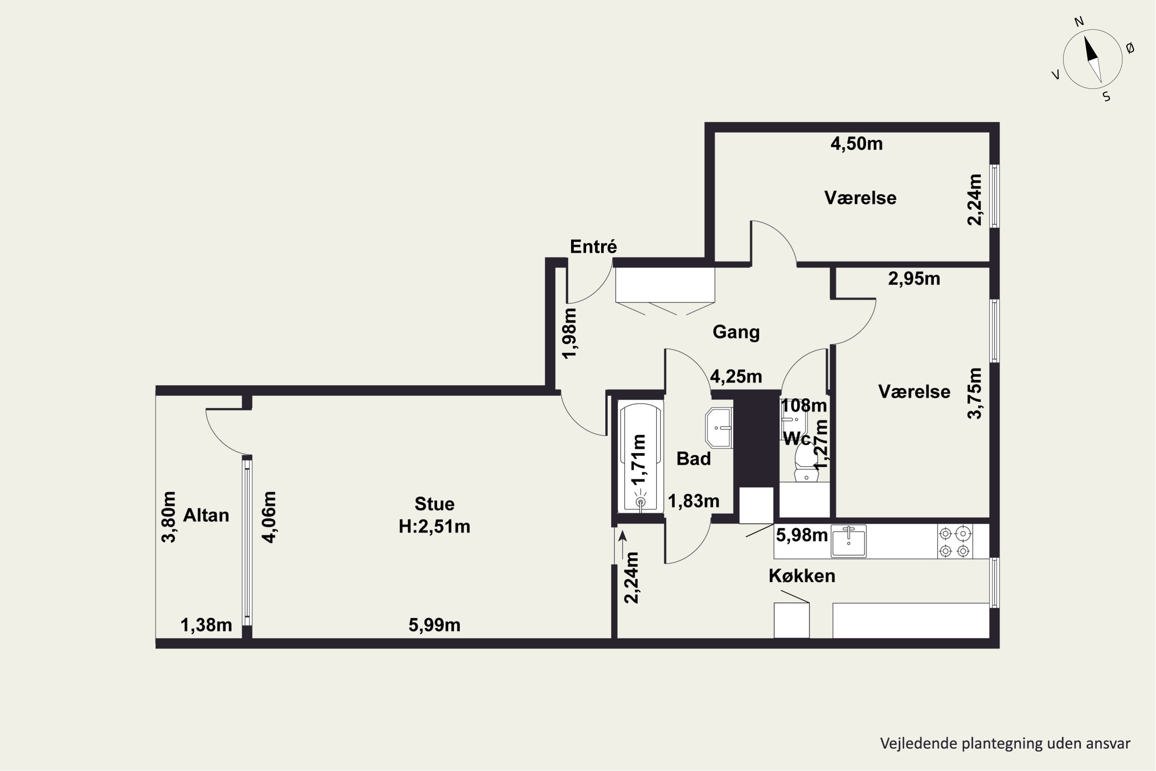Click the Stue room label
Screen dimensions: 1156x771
pyautogui.click(x=435, y=504)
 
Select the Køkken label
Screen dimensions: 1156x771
pyautogui.click(x=802, y=576)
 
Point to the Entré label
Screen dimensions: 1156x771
pyautogui.click(x=593, y=246)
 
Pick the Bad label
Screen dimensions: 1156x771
pyautogui.click(x=694, y=459)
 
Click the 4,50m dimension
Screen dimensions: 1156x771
pyautogui.click(x=857, y=143)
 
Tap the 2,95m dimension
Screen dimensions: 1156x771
pyautogui.click(x=914, y=279)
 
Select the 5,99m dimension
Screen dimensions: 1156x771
pyautogui.click(x=435, y=625)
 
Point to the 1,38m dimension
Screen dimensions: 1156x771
pyautogui.click(x=207, y=625)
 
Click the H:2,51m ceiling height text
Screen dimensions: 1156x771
pyautogui.click(x=435, y=527)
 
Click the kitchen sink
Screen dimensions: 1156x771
pyautogui.click(x=849, y=541)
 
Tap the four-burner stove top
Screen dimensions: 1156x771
pyautogui.click(x=955, y=541)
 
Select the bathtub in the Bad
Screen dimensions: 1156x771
pyautogui.click(x=640, y=457)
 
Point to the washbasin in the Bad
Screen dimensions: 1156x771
pyautogui.click(x=719, y=428)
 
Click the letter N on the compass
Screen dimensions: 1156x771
pyautogui.click(x=1079, y=22)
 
